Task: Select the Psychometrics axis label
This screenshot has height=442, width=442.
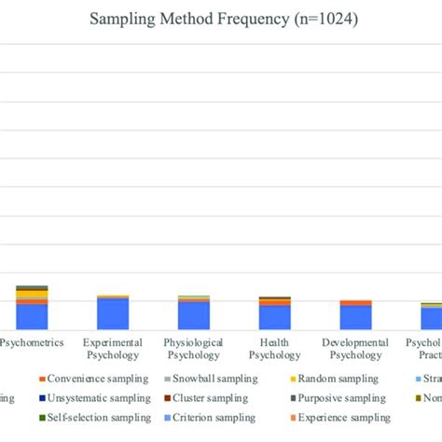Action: [32, 343]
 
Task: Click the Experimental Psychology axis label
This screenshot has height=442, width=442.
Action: [113, 349]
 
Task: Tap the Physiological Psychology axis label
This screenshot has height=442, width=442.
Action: [193, 349]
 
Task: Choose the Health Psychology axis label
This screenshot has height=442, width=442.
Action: [274, 349]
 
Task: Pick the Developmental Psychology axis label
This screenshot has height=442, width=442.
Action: [354, 349]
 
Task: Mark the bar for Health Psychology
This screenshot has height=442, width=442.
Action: [274, 315]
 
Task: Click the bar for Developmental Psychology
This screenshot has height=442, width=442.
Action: [354, 316]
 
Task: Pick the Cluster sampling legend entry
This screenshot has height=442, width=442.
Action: [209, 398]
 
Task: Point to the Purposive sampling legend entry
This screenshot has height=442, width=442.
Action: [328, 398]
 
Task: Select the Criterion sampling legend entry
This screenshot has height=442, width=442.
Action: [209, 417]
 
